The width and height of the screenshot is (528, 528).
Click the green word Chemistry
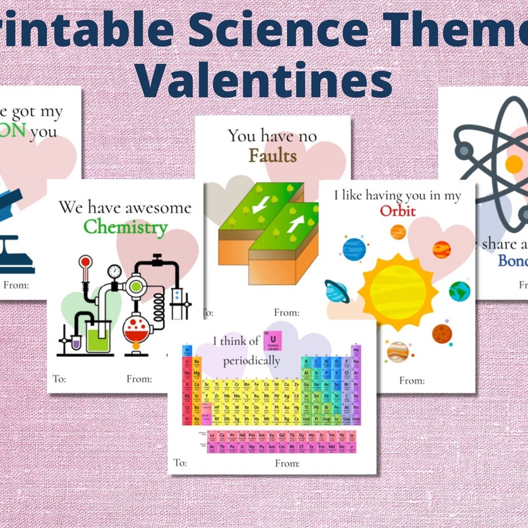coord(125,228)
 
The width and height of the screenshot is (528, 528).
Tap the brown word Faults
coord(273,156)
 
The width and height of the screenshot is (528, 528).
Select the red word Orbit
coord(396,211)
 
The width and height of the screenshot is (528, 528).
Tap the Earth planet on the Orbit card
coord(459,291)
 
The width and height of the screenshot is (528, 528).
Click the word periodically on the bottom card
coord(251,360)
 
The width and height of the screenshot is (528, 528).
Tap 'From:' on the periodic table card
coord(287,463)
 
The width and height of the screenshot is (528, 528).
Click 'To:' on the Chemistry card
coord(59,379)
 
